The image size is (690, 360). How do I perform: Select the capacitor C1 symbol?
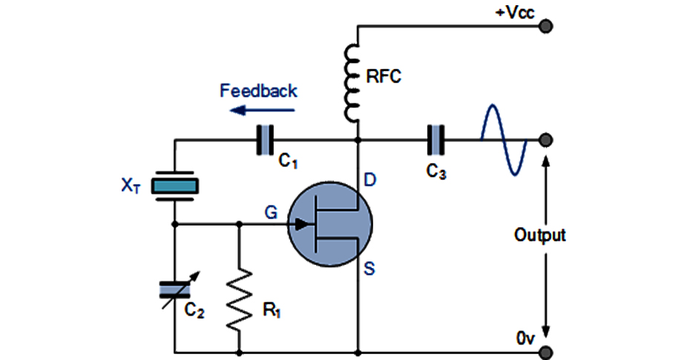click(x=265, y=140)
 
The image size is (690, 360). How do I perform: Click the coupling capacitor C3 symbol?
click(x=436, y=140)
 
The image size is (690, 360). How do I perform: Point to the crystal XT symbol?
click(x=175, y=186)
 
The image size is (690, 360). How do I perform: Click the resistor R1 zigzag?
click(x=240, y=300)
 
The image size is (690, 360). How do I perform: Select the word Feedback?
click(x=258, y=91)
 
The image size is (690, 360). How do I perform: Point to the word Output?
click(x=540, y=236)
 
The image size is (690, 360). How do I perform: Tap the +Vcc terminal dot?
click(x=547, y=27)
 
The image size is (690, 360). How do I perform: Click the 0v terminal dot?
click(x=547, y=352)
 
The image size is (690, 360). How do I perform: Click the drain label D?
click(x=369, y=180)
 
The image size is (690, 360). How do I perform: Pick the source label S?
click(x=369, y=269)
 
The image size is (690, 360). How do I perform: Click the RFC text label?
click(x=384, y=77)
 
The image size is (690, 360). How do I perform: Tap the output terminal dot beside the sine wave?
click(x=547, y=140)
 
